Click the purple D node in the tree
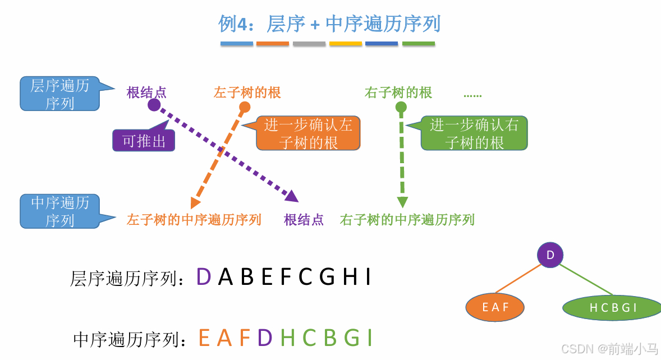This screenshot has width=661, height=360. (550, 255)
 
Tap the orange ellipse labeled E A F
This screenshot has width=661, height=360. (495, 307)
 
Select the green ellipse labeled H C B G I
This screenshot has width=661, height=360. (613, 307)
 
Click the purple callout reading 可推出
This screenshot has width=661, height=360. (144, 141)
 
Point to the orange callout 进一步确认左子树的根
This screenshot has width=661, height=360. (308, 133)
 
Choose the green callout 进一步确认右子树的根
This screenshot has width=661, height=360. (474, 133)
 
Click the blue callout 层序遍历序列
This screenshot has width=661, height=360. (59, 94)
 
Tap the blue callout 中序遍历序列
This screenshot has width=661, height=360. (59, 211)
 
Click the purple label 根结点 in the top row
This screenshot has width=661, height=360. (146, 93)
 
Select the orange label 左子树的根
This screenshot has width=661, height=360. (247, 93)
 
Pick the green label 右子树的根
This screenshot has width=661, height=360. (398, 93)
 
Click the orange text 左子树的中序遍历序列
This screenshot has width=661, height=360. (194, 219)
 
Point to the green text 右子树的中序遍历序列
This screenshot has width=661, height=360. (407, 219)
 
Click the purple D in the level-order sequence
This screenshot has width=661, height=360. (204, 277)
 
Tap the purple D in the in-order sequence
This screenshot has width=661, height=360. (265, 338)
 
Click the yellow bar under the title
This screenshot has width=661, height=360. (346, 43)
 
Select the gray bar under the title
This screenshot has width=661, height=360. (309, 43)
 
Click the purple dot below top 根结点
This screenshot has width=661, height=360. (154, 105)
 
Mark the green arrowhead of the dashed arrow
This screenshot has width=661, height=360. (402, 202)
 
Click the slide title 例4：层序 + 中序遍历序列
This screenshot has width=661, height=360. (329, 24)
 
